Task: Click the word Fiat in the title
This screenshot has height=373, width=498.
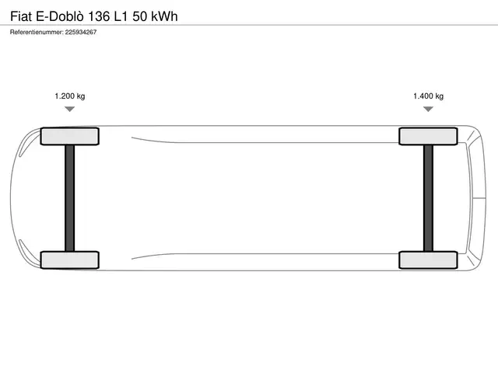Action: coord(21,16)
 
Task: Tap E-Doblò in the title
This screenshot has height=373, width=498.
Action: coord(60,16)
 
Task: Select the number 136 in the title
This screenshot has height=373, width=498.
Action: coord(99,16)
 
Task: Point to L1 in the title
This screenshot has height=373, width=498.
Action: coord(121,16)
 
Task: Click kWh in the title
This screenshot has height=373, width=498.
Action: coord(164,16)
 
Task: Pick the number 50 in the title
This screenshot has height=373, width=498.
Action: coord(140,16)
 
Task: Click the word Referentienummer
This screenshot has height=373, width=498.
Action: coord(37,32)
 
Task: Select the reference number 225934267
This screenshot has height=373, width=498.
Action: coord(81,32)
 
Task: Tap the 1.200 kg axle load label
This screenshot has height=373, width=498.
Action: coord(70,96)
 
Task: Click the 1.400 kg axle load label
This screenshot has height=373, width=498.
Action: coord(428,96)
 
